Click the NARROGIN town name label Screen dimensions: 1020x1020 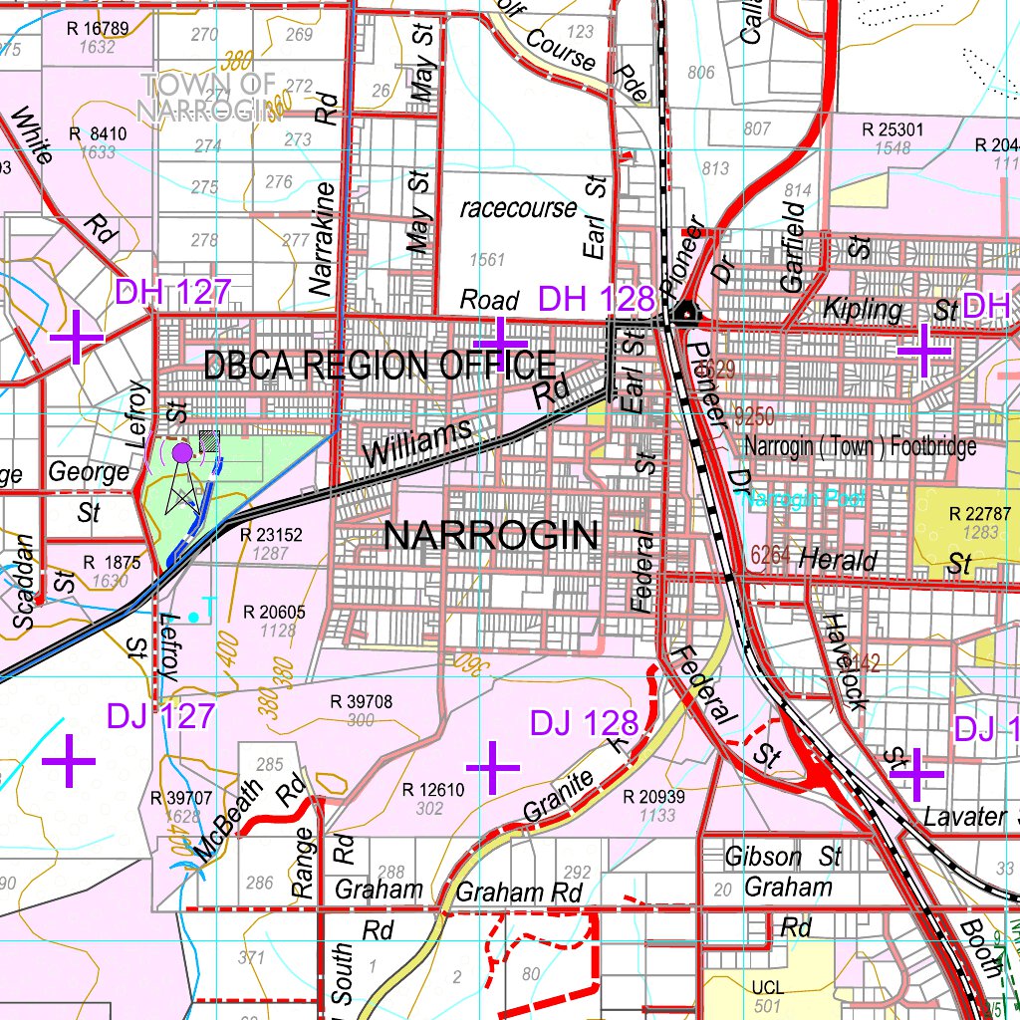tap(491, 536)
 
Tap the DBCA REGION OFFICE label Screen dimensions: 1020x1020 tap(379, 366)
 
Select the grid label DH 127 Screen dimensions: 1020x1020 tap(173, 293)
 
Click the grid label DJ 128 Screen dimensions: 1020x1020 tap(583, 723)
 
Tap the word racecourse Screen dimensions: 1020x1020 tap(518, 209)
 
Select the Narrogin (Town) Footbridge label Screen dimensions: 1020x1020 tap(860, 446)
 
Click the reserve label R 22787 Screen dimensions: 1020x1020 tap(980, 514)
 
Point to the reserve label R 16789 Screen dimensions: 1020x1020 tap(98, 28)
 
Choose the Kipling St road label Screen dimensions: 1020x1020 tap(890, 310)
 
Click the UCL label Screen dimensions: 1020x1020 tap(768, 987)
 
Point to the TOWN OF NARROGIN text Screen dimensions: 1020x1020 tap(206, 97)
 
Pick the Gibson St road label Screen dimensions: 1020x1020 tap(783, 857)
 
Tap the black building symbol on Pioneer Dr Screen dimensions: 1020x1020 tap(685, 314)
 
